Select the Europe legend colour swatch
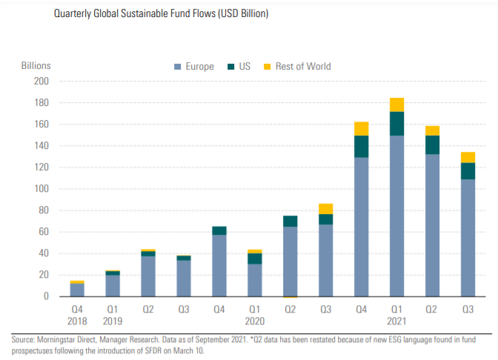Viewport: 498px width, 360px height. coord(177,67)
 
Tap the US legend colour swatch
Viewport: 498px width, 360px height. coord(231,67)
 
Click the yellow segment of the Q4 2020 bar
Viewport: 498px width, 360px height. coord(362,129)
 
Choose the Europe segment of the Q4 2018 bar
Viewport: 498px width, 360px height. coord(77,290)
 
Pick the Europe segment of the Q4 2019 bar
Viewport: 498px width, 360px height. coord(219,265)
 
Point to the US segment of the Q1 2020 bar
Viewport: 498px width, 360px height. coord(255,259)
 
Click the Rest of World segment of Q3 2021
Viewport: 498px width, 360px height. coord(468,157)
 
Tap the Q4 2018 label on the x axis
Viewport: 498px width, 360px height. coord(77,315)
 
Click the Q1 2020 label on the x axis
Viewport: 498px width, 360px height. coord(255,315)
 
